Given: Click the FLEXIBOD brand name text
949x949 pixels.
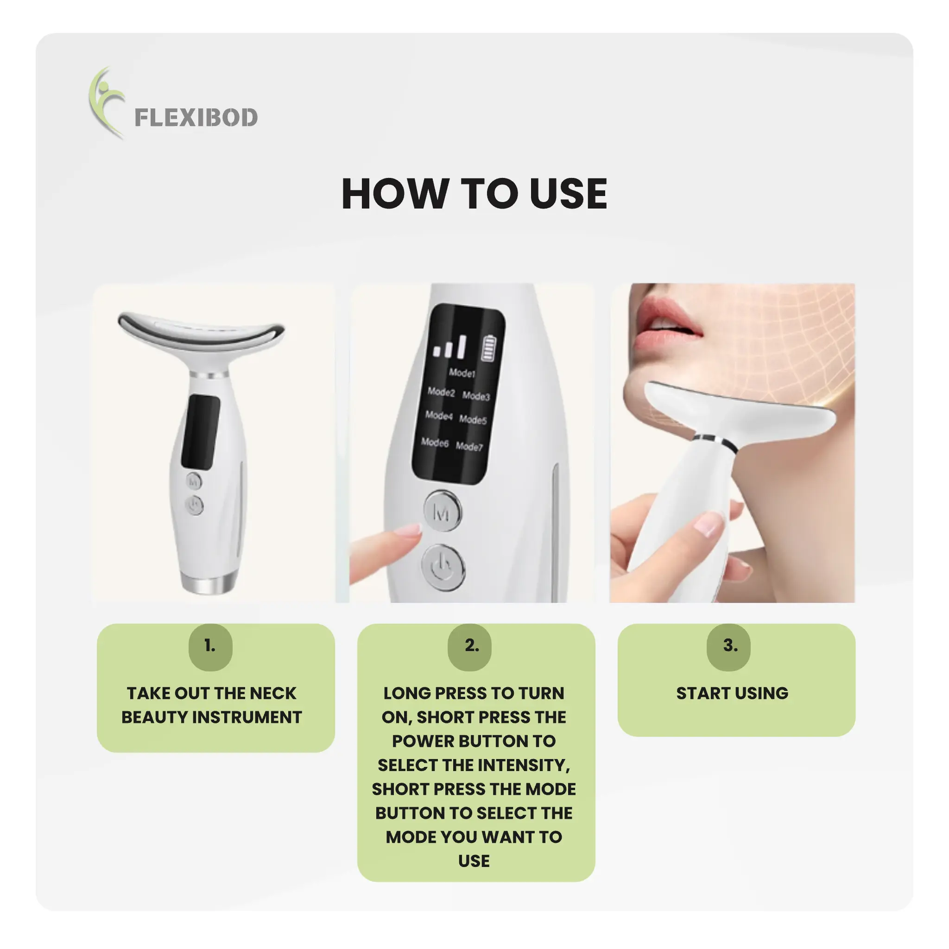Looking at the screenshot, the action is (x=196, y=117).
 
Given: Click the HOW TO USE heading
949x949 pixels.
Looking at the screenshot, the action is (x=474, y=194).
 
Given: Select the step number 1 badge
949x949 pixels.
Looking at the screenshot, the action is (x=210, y=646).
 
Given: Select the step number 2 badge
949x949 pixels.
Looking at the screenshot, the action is (x=469, y=646).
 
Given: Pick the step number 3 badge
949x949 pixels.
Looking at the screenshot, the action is (x=729, y=646).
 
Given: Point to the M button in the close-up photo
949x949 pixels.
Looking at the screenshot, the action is (x=443, y=512).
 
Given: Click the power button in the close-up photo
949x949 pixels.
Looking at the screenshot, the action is (x=443, y=567).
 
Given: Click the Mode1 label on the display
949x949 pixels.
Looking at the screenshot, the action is (x=462, y=373).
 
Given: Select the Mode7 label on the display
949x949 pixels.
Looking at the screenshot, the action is (x=469, y=446).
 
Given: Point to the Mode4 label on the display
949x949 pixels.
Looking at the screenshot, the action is (x=439, y=416).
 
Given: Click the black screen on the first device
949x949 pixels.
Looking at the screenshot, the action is (x=200, y=431).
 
